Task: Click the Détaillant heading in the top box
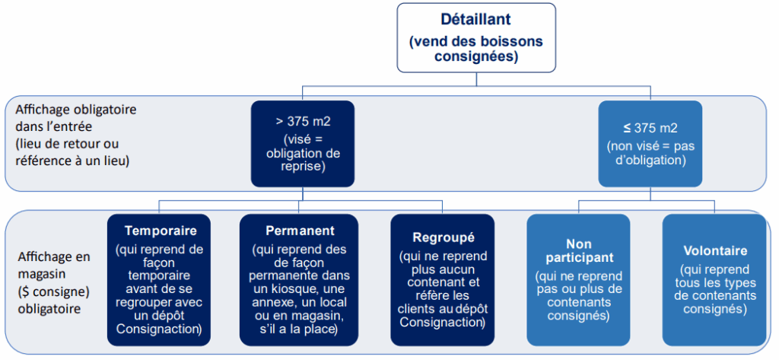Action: pyautogui.click(x=476, y=20)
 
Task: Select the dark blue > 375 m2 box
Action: pyautogui.click(x=303, y=144)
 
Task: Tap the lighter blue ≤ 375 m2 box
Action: pyautogui.click(x=650, y=144)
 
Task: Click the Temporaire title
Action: pyautogui.click(x=161, y=231)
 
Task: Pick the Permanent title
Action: pyautogui.click(x=300, y=231)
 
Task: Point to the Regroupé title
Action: pyautogui.click(x=444, y=237)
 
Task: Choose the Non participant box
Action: pyautogui.click(x=578, y=280)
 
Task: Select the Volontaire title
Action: pyautogui.click(x=715, y=250)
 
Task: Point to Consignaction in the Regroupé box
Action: pyautogui.click(x=442, y=322)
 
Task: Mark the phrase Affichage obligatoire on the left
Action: pyautogui.click(x=75, y=110)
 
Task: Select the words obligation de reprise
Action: pyautogui.click(x=303, y=160)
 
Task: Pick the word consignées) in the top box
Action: pyautogui.click(x=476, y=56)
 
